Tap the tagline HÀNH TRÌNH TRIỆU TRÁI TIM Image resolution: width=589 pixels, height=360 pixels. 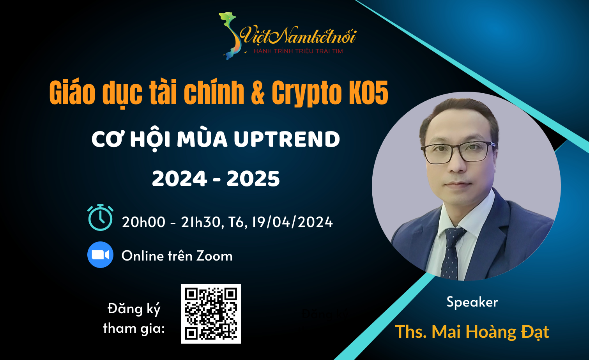coord(298,51)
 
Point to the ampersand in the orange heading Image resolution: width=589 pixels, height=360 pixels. coord(258,92)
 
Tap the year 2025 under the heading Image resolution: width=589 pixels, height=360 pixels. coord(253,179)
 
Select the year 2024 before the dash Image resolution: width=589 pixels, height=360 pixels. coord(179,179)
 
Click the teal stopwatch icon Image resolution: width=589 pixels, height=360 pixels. coord(100,217)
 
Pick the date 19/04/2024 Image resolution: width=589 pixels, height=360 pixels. coord(292,222)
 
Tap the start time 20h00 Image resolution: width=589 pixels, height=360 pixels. coord(143,222)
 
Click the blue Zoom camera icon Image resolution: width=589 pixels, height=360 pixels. coord(100,255)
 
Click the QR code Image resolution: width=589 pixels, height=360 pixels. coord(211,314)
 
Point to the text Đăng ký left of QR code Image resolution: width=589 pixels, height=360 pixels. coord(134,309)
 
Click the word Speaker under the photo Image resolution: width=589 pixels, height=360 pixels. coord(472,302)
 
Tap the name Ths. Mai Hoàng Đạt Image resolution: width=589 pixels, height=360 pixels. coord(472,332)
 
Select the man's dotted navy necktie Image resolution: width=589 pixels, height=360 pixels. coord(452,253)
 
